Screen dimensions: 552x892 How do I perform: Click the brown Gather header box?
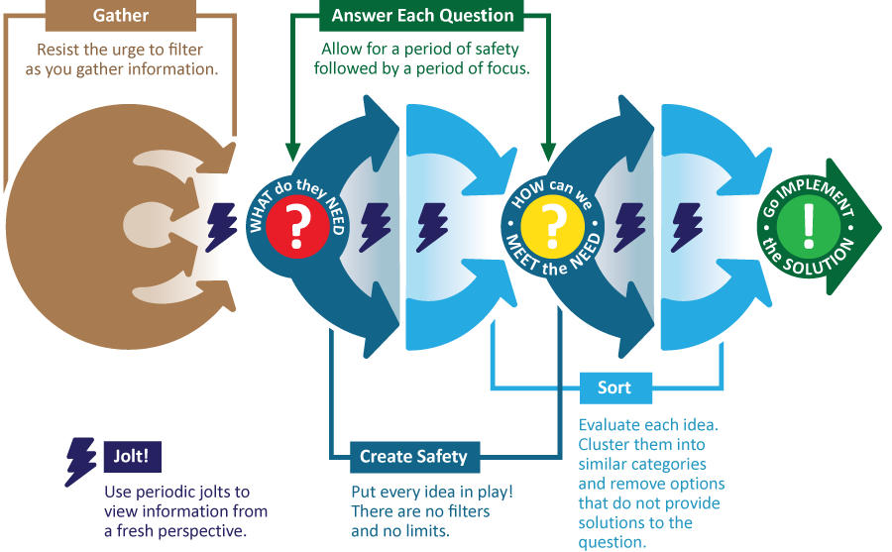tap(121, 16)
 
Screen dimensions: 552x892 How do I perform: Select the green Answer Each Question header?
tap(422, 16)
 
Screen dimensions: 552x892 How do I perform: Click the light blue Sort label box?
tap(614, 386)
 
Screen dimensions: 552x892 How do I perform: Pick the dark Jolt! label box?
tap(132, 458)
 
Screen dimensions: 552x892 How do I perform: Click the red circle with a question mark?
tap(295, 224)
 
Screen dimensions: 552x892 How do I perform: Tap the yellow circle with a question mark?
tap(549, 224)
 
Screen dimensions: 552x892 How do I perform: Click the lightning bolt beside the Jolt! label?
tap(81, 461)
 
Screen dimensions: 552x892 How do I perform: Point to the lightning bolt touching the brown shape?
tap(221, 226)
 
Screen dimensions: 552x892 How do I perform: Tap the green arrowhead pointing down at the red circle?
tap(292, 151)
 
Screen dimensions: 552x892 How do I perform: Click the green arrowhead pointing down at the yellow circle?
tap(548, 151)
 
